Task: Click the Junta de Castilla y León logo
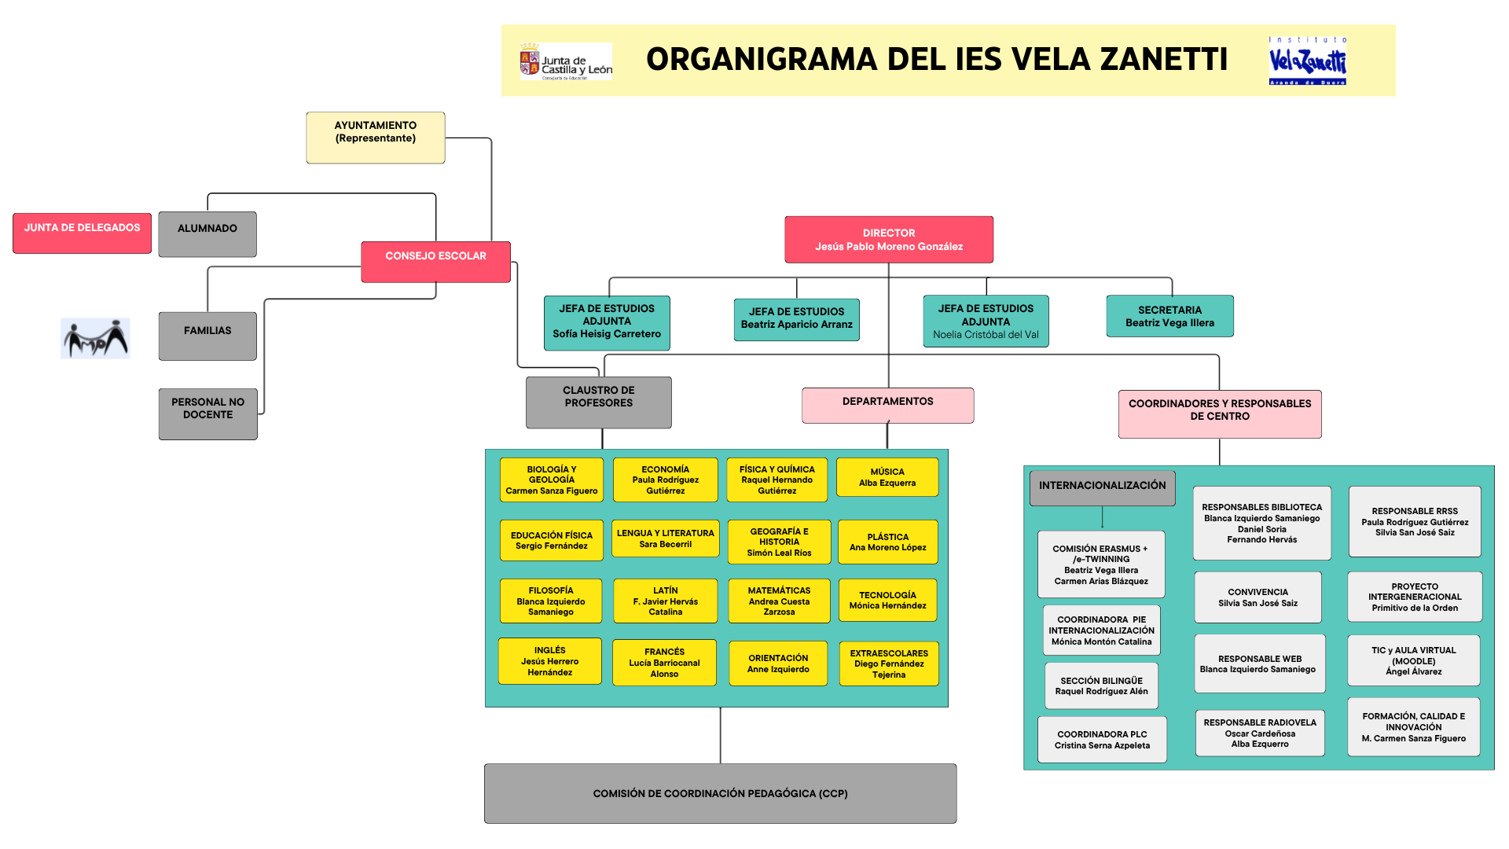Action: pos(565,61)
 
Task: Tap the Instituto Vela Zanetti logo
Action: pos(1307,61)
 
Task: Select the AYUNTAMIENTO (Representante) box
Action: pos(376,138)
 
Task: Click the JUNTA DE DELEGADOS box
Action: pos(82,233)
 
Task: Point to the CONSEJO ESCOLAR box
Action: pos(435,261)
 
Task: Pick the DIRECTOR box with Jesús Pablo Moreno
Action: pos(888,240)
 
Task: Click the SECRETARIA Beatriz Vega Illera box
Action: pos(1169,316)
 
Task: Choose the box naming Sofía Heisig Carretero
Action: pos(607,322)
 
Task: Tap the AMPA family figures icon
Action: pos(95,339)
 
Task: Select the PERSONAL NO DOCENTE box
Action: pos(207,413)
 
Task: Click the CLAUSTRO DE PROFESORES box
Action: pos(598,402)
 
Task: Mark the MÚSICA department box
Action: pos(887,477)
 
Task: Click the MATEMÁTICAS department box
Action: pos(779,601)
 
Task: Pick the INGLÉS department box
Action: pos(549,661)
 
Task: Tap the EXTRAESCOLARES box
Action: pos(888,663)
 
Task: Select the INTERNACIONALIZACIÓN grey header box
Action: pos(1102,487)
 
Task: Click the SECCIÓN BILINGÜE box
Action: pos(1101,685)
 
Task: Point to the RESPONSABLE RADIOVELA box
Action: pos(1259,733)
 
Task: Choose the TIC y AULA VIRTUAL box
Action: pos(1413,660)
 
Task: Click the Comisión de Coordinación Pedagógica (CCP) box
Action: pos(720,793)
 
